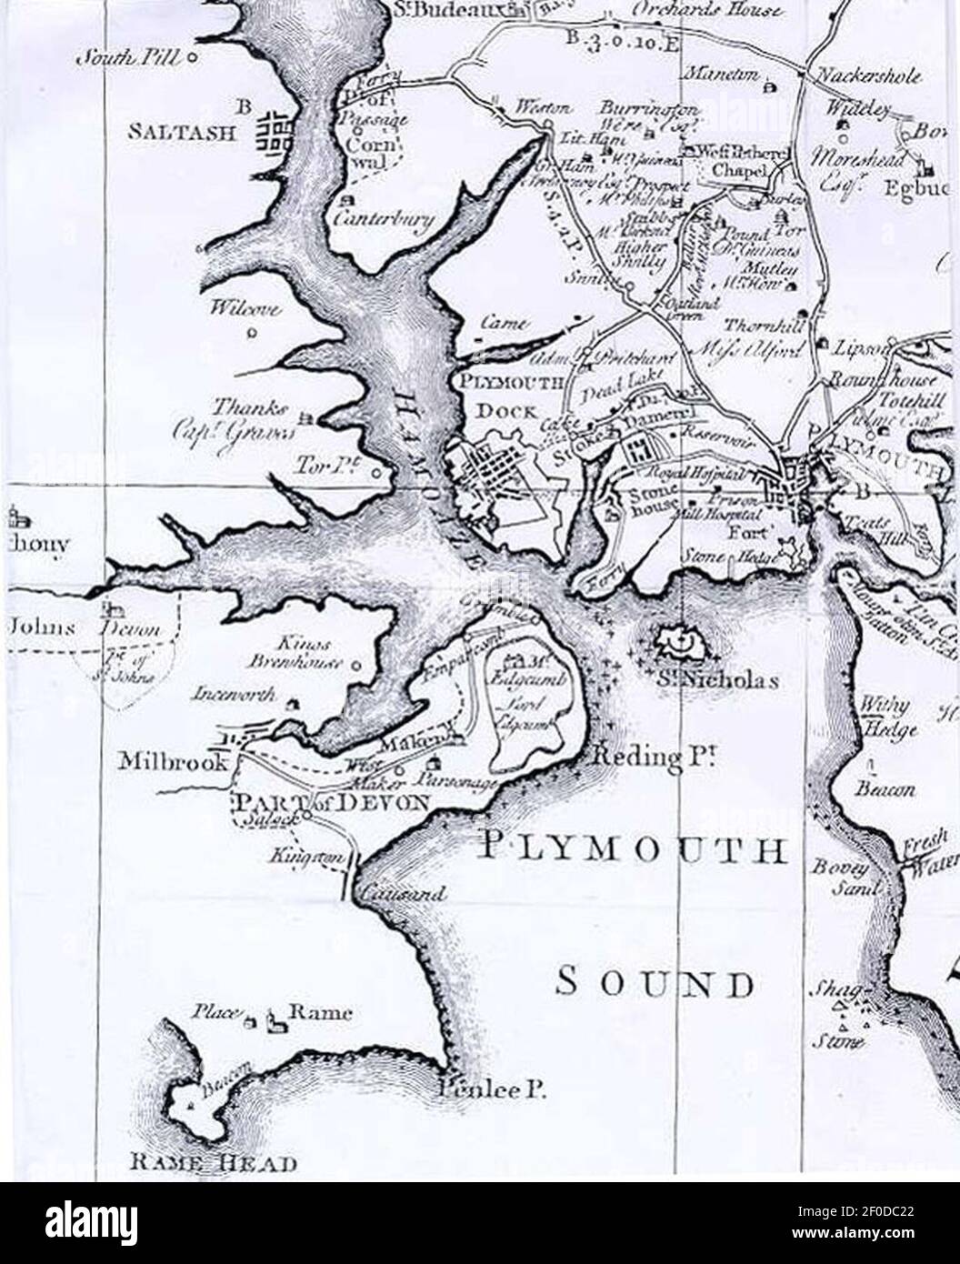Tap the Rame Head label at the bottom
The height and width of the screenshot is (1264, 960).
click(x=214, y=1162)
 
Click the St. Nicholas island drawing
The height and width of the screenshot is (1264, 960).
click(x=679, y=644)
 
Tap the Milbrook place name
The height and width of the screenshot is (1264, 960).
click(x=173, y=761)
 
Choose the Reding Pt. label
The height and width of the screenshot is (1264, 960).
click(x=649, y=757)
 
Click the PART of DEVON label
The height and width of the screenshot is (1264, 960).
click(x=332, y=802)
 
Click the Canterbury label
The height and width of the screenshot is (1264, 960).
click(x=383, y=219)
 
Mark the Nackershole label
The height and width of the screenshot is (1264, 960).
click(x=870, y=75)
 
